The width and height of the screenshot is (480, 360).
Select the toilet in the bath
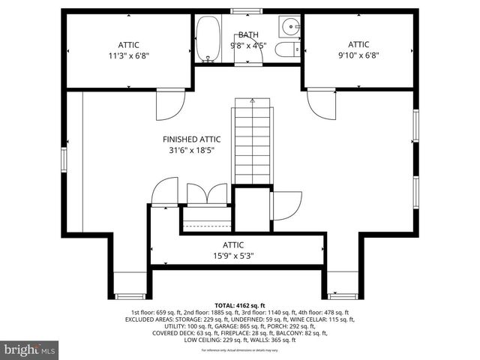pyautogui.click(x=284, y=49)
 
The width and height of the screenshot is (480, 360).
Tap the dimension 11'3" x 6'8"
pyautogui.click(x=128, y=55)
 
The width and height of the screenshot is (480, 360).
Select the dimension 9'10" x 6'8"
pyautogui.click(x=358, y=55)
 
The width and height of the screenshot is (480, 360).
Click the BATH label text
pyautogui.click(x=247, y=35)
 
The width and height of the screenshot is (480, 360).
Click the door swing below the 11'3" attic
pyautogui.click(x=170, y=106)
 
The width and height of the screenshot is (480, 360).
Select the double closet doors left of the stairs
pyautogui.click(x=207, y=193)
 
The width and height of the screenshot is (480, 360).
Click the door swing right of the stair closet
pyautogui.click(x=286, y=205)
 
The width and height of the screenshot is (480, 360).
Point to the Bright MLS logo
pyautogui.click(x=30, y=349)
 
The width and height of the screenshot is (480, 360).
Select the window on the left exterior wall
pyautogui.click(x=64, y=158)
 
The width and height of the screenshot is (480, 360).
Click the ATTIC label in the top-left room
pyautogui.click(x=128, y=45)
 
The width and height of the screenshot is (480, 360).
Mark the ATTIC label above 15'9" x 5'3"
pyautogui.click(x=232, y=245)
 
